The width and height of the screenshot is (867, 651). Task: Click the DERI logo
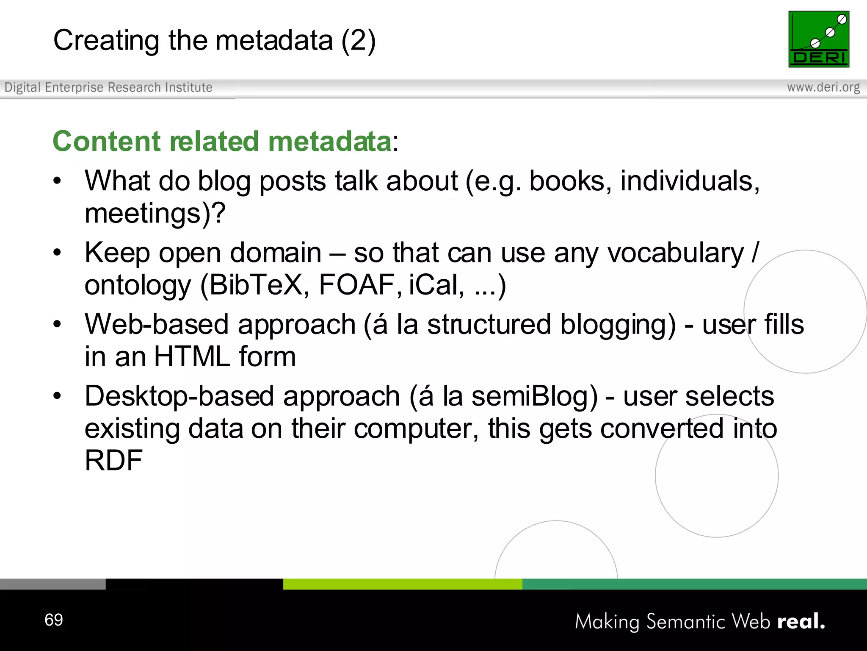click(x=819, y=39)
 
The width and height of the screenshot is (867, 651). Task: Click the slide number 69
click(x=54, y=620)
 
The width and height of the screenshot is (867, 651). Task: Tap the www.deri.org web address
click(x=823, y=87)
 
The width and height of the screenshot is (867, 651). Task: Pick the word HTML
click(x=192, y=356)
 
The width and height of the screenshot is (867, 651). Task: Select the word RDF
click(x=113, y=460)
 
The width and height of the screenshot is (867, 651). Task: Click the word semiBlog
click(x=534, y=397)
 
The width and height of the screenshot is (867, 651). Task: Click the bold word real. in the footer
click(x=801, y=621)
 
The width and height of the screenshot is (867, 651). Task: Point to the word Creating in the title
click(x=106, y=41)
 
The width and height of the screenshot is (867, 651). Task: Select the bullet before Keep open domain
click(x=57, y=253)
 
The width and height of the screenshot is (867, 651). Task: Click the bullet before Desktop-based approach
click(x=57, y=396)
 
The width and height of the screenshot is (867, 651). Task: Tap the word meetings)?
click(x=155, y=214)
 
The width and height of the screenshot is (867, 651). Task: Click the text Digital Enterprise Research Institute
click(x=108, y=87)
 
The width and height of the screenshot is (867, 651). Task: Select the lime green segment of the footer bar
click(x=403, y=584)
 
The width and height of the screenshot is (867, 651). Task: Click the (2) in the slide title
click(x=359, y=41)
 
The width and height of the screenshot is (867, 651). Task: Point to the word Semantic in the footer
click(x=686, y=622)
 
